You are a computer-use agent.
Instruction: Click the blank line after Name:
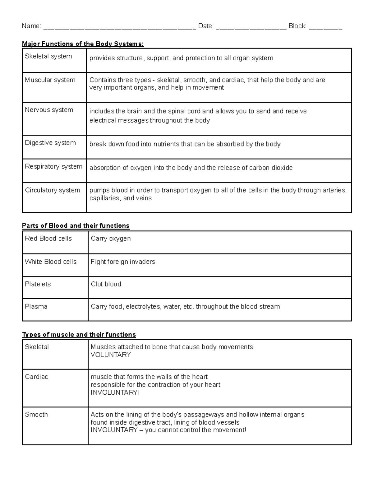(x=120, y=27)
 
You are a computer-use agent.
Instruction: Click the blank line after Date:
(x=251, y=27)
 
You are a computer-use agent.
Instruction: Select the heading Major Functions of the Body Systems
(x=83, y=44)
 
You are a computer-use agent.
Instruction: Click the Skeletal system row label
(x=48, y=56)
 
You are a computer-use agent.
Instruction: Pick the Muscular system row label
(x=50, y=80)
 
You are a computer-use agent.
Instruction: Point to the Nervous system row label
(x=49, y=110)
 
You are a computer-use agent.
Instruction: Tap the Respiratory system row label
(x=53, y=166)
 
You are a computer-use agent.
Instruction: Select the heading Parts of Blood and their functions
(x=76, y=225)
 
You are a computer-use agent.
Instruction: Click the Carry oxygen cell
(x=111, y=239)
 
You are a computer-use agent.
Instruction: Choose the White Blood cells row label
(x=51, y=262)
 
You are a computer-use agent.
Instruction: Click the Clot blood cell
(x=106, y=284)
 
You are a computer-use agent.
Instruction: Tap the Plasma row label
(x=36, y=306)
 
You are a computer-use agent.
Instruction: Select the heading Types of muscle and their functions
(x=79, y=334)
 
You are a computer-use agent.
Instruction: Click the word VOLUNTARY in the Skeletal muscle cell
(x=111, y=355)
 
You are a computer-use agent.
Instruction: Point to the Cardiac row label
(x=36, y=377)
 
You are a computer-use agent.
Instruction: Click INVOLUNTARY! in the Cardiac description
(x=115, y=392)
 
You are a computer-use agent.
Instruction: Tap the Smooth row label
(x=36, y=414)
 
